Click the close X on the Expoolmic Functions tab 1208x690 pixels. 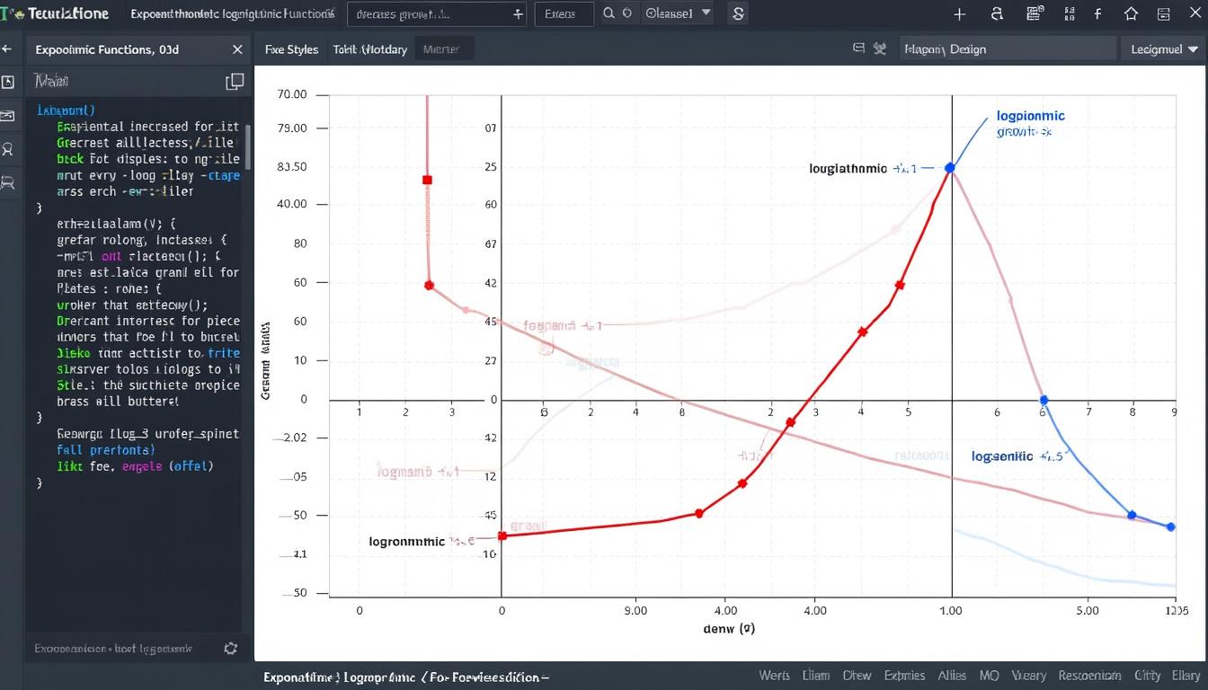[237, 50]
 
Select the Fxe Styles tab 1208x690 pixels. [291, 50]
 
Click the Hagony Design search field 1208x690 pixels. [1007, 49]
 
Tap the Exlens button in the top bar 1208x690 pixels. [564, 14]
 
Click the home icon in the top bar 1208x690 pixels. [1131, 14]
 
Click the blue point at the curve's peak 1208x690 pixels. [950, 168]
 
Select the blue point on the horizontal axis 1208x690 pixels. [1044, 400]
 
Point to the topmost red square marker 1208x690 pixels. [427, 181]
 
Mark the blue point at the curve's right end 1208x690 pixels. [1170, 526]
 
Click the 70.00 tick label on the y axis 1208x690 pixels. [292, 94]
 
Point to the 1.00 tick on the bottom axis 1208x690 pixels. [950, 611]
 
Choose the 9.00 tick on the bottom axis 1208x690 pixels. [635, 611]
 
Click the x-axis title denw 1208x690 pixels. [728, 630]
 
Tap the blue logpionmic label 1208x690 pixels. [1030, 116]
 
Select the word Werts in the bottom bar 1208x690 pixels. [774, 676]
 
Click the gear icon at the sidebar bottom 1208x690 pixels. [231, 648]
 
